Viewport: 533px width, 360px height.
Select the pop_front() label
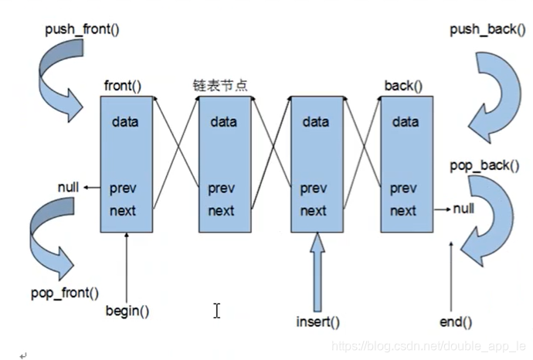[x=65, y=293]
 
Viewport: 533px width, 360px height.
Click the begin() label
[x=127, y=311]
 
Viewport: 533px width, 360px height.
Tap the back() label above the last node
[x=403, y=84]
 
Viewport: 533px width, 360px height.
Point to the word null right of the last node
[x=464, y=209]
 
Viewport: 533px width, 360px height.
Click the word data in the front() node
[x=126, y=121]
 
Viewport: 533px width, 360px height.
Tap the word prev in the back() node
[x=403, y=188]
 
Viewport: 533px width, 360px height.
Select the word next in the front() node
[x=124, y=210]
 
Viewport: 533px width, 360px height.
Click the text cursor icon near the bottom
[x=217, y=310]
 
